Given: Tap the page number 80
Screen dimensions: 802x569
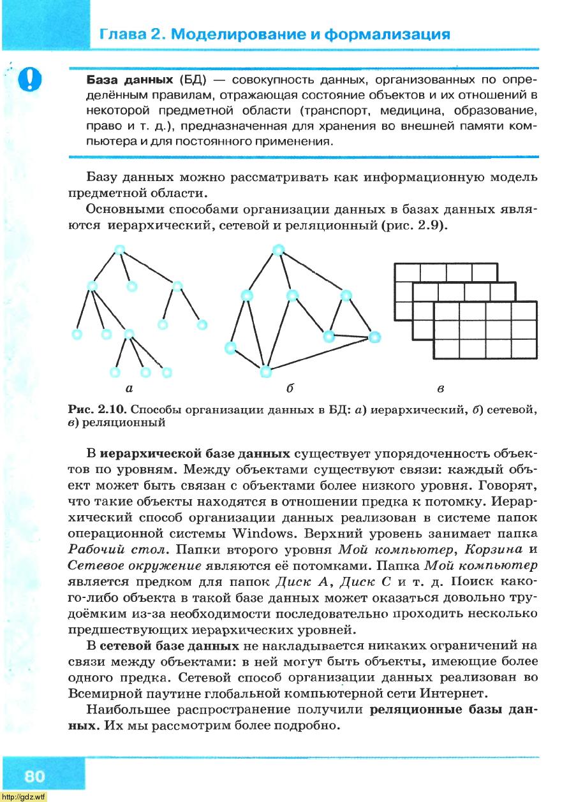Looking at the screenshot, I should click(x=35, y=776).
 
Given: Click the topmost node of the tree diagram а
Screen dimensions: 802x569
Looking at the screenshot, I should click(x=120, y=249).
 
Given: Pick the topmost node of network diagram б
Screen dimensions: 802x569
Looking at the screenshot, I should click(x=278, y=250).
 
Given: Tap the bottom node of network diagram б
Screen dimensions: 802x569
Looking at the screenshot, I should click(x=266, y=371).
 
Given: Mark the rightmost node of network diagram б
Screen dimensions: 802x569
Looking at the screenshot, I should click(x=374, y=337).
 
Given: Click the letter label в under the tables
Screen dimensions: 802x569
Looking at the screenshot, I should click(x=441, y=388).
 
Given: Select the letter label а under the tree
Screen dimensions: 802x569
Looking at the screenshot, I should click(x=129, y=387).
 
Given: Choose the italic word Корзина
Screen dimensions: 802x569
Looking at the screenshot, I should click(x=494, y=549).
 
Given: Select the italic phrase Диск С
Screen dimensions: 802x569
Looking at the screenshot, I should click(x=362, y=581).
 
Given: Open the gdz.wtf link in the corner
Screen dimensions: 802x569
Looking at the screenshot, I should click(x=24, y=797).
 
